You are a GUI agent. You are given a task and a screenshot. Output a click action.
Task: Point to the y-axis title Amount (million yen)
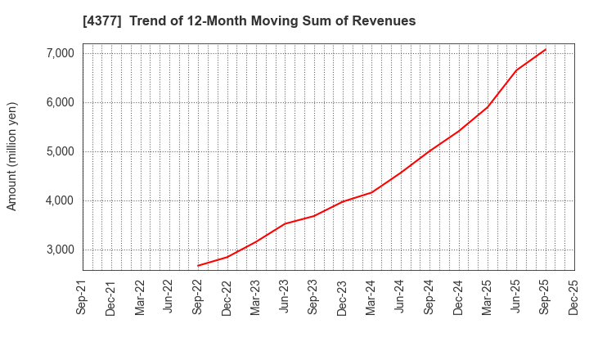point(12,156)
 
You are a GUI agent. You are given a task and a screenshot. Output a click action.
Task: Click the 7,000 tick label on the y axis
point(56,53)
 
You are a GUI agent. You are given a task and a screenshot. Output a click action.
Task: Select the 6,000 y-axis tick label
point(56,102)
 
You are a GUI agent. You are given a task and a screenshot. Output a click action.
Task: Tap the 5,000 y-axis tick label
point(56,151)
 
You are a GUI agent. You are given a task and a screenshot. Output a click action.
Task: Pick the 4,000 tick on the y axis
point(56,200)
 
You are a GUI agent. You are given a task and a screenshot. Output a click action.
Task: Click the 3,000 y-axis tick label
point(56,250)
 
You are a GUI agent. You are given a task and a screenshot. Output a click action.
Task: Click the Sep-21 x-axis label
point(83,299)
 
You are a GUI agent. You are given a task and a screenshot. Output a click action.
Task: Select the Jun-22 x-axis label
point(169,299)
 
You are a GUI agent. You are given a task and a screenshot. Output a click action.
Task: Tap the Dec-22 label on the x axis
point(227,299)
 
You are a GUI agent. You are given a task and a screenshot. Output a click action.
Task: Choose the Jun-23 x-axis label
point(285,299)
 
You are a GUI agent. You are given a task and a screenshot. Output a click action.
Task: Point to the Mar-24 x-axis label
point(371,299)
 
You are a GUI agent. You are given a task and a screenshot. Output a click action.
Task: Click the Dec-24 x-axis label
point(458,299)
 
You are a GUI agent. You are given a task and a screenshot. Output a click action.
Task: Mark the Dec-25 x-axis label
point(573,299)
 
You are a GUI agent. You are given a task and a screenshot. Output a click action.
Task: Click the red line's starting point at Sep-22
point(198,265)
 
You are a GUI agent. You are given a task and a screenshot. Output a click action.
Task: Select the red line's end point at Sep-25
point(545,49)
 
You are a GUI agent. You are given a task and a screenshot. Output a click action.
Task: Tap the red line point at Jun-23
point(285,223)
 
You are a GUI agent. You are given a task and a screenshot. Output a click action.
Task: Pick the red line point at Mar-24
point(371,192)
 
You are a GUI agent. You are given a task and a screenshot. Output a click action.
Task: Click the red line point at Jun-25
point(516,70)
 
